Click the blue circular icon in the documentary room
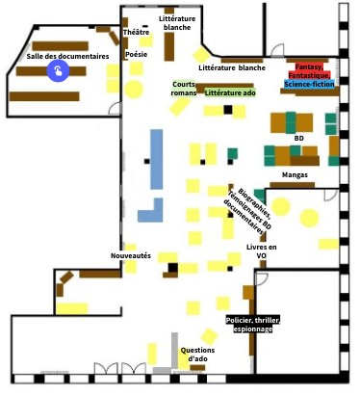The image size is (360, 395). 59,70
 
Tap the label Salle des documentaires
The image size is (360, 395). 67,57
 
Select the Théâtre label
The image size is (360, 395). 136,33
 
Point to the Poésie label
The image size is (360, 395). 136,55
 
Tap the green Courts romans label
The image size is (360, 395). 184,88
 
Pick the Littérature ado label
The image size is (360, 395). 230,92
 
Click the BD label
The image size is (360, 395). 299,138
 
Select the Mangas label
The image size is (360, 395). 296,174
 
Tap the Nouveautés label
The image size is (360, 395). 131,255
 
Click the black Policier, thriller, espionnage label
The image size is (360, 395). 249,324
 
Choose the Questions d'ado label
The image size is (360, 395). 198,355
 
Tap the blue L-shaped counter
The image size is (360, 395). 149,209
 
